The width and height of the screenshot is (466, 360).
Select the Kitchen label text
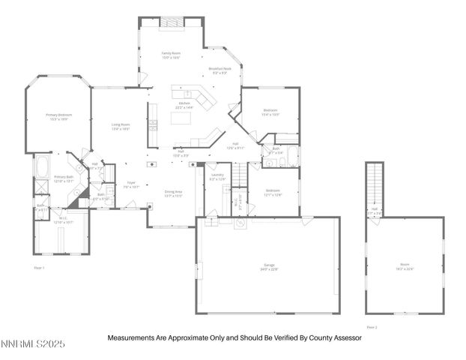184,106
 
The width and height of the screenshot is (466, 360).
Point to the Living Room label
121,126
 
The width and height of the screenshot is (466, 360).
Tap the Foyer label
130,184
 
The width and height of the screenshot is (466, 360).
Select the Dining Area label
174,193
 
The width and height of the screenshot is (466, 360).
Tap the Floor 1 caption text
39,268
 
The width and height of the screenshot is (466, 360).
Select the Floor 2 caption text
372,327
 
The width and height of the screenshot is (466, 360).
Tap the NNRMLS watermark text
33,344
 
